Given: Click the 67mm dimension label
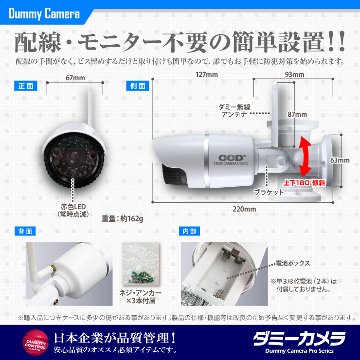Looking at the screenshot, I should click(x=74, y=77).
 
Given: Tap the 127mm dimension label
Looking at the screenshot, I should click(x=206, y=74).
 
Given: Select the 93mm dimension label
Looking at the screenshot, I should click(x=294, y=74).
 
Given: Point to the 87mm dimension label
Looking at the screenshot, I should click(x=297, y=114).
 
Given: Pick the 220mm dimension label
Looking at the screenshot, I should click(x=244, y=209).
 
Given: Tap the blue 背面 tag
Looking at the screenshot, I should click(x=25, y=231).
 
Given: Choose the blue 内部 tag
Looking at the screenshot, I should click(x=188, y=231).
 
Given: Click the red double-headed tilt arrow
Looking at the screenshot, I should click(x=305, y=156).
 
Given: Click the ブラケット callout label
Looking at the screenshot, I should click(x=268, y=192).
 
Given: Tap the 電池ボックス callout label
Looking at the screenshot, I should click(x=292, y=263).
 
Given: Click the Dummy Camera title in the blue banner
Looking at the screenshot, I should click(x=44, y=14).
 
